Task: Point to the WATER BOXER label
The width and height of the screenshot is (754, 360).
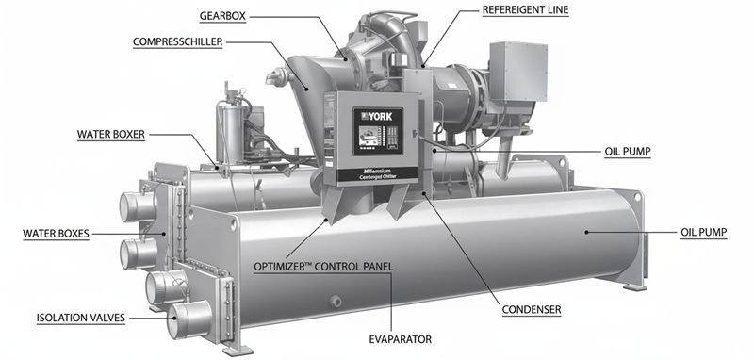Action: [x=111, y=134]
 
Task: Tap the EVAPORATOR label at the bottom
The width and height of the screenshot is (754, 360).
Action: [x=400, y=336]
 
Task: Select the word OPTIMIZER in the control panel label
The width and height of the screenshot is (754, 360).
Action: [x=284, y=266]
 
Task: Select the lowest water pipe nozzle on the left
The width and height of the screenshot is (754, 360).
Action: [x=184, y=320]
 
